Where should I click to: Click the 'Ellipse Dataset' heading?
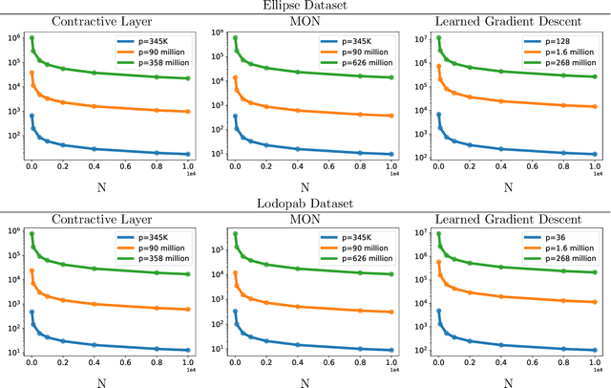pyautogui.click(x=305, y=6)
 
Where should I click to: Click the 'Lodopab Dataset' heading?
pyautogui.click(x=305, y=204)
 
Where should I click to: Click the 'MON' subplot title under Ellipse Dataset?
pyautogui.click(x=305, y=20)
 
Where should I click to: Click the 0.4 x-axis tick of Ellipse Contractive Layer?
pyautogui.click(x=95, y=165)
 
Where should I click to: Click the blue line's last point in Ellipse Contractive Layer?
pyautogui.click(x=189, y=154)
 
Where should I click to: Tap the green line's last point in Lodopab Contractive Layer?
pyautogui.click(x=189, y=274)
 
